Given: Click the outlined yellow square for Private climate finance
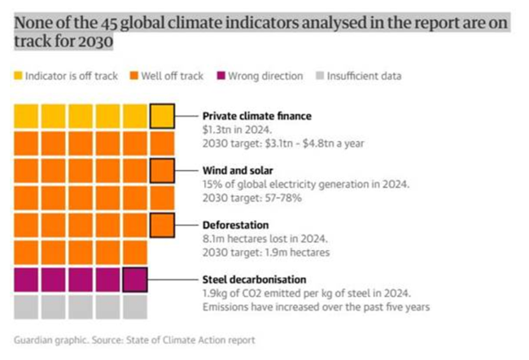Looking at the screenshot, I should click(x=162, y=116).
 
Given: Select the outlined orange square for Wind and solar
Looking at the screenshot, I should click(x=162, y=171).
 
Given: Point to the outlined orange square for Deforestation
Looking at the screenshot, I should click(x=162, y=225).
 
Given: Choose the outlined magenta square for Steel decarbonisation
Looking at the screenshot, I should click(x=135, y=279).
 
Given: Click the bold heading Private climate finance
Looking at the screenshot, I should click(x=256, y=116).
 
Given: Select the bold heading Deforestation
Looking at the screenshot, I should click(x=235, y=225).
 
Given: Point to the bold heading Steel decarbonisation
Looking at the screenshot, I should click(x=254, y=279).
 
